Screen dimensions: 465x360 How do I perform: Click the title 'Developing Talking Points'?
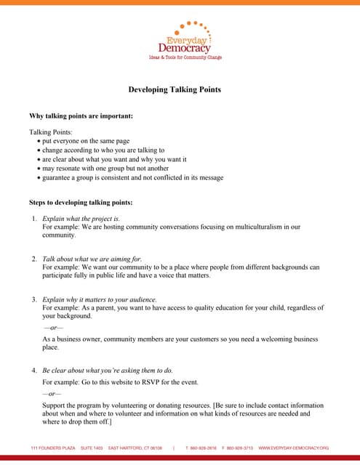[x=175, y=89]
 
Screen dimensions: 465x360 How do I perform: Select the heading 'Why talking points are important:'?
[x=80, y=116]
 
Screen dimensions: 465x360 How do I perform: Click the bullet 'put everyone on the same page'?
[x=86, y=141]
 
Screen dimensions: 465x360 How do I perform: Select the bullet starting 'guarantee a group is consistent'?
[x=132, y=177]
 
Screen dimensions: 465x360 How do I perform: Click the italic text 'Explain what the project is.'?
[x=81, y=218]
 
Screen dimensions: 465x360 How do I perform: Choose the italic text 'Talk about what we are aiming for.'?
[x=92, y=259]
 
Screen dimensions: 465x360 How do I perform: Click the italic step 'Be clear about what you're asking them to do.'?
[x=108, y=370]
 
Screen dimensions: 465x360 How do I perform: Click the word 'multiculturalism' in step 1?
[x=258, y=227]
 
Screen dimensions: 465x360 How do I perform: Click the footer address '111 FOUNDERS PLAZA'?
[x=52, y=448]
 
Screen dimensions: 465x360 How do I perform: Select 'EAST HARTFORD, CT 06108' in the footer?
[x=135, y=448]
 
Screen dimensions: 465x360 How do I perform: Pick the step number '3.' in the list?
[x=34, y=299]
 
